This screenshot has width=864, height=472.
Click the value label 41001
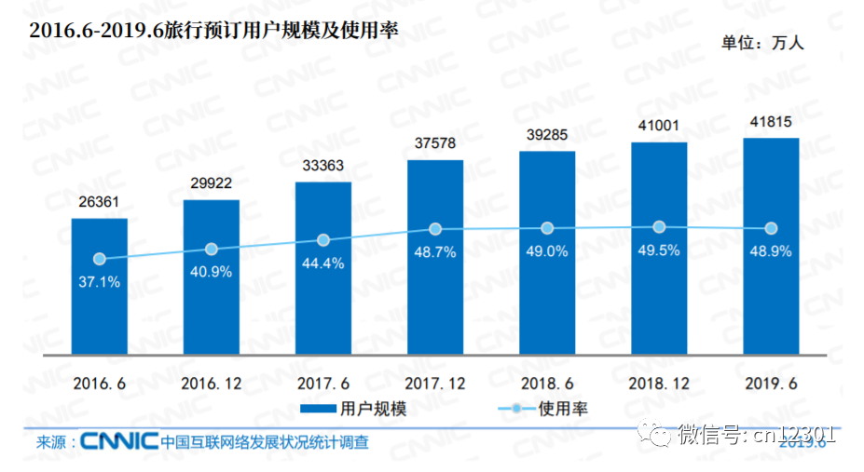tap(659, 126)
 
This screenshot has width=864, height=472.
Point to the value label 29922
tap(212, 183)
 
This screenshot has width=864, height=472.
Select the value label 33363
tap(323, 165)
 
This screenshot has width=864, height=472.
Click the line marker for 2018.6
tap(547, 228)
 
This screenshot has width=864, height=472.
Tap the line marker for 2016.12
tap(212, 249)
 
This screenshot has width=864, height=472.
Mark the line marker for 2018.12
tap(659, 226)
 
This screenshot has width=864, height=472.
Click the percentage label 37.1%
tap(100, 282)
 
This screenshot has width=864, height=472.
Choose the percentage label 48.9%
tap(771, 251)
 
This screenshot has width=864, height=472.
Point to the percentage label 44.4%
tap(323, 263)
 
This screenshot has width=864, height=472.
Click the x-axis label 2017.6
tap(323, 383)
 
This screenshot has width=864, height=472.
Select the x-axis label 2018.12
tap(659, 383)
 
